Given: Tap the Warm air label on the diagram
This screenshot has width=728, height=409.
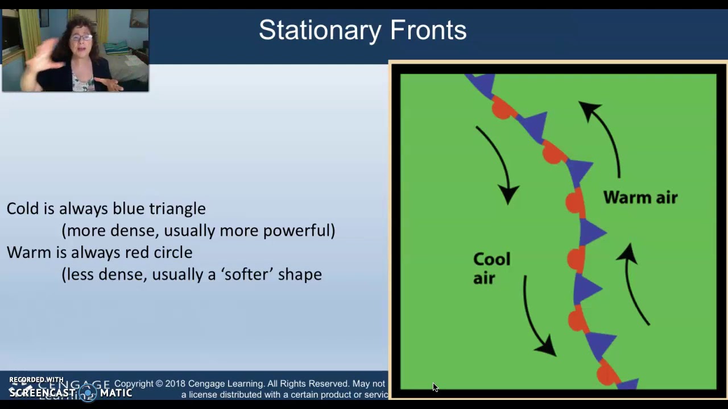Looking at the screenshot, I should coord(640,198).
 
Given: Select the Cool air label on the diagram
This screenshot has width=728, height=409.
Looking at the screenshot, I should coord(491,268).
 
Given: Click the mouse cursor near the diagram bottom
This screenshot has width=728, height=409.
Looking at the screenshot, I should coord(435,387).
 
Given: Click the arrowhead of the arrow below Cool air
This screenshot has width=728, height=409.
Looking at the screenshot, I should coord(547,346).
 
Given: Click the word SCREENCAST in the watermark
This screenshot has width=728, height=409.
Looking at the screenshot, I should coord(42,393).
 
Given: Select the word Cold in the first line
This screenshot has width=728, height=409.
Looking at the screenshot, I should coord(23,208).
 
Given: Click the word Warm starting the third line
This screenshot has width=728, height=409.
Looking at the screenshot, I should coord(27,252).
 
